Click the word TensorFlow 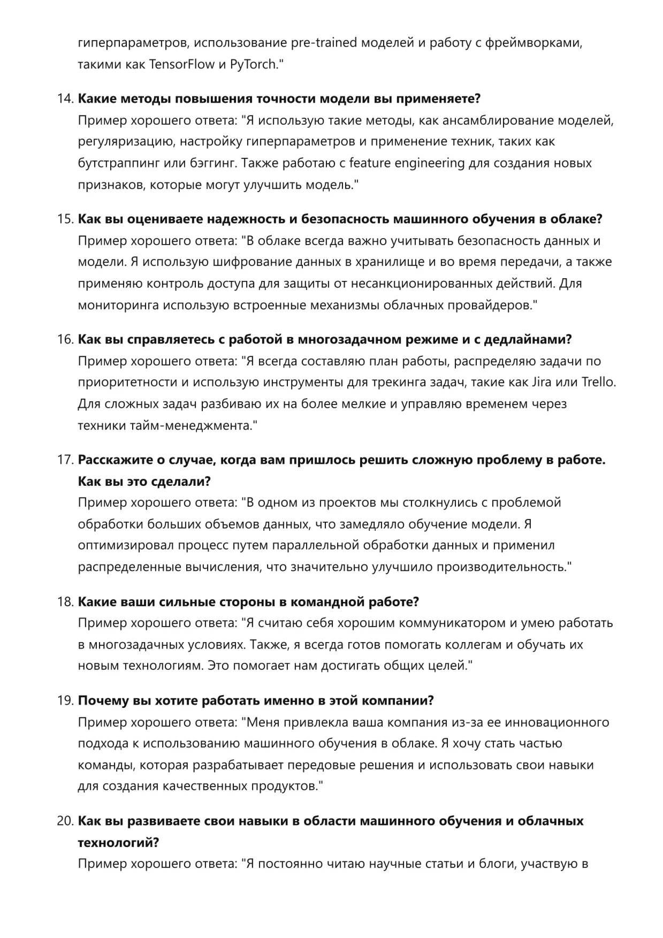click(x=181, y=65)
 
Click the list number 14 click(x=65, y=99)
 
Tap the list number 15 click(x=65, y=219)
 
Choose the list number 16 click(x=65, y=340)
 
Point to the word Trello click(x=599, y=383)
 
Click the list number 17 click(x=65, y=460)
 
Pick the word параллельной click(x=315, y=546)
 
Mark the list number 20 click(x=65, y=821)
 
